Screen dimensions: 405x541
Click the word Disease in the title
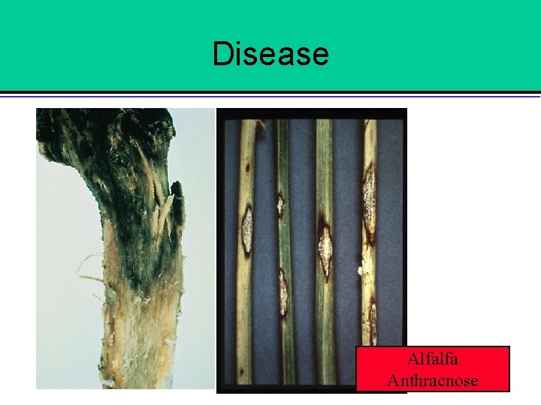pos(270,54)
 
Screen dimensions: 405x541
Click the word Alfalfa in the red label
pos(432,360)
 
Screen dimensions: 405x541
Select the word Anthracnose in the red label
pos(432,380)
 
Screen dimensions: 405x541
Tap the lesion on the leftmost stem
pos(246,231)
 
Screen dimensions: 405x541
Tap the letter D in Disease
pos(222,54)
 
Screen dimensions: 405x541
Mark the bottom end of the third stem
pos(326,379)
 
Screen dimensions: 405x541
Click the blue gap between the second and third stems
pos(302,247)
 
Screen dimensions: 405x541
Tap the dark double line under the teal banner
pos(270,94)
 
